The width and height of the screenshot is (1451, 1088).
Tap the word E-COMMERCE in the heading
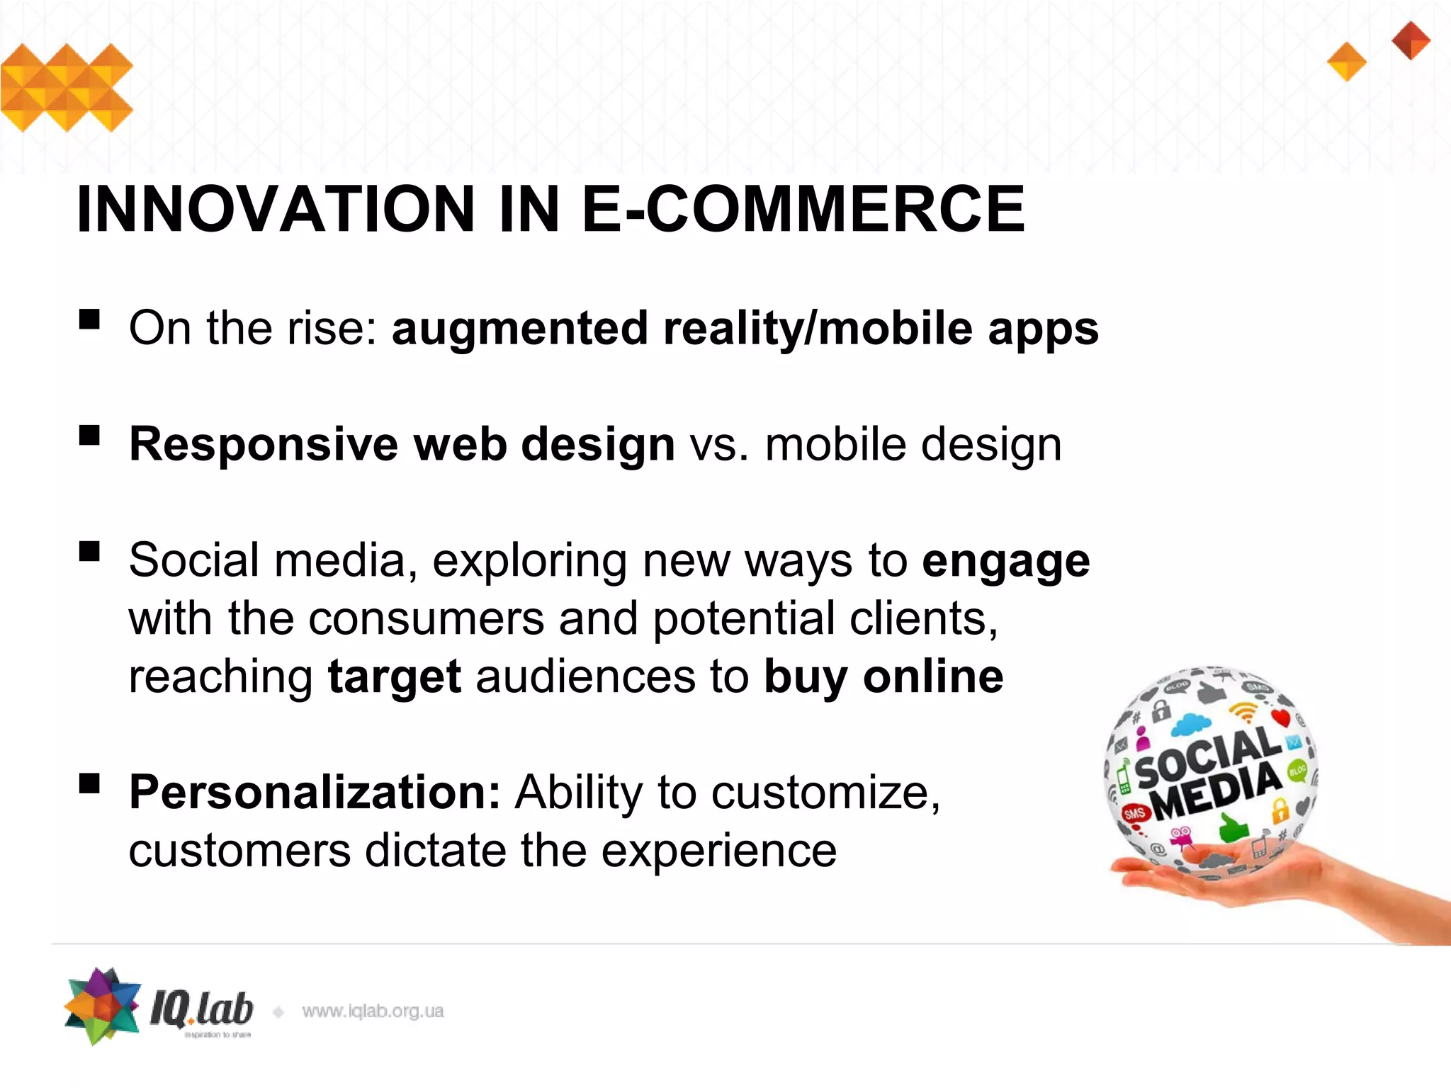pos(803,209)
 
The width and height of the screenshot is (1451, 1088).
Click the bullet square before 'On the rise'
pos(89,319)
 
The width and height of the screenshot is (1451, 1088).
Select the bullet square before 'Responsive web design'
pos(89,435)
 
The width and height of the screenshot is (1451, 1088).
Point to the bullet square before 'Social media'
pos(89,551)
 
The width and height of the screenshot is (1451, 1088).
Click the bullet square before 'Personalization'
pos(89,783)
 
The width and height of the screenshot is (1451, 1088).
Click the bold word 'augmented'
pos(519,329)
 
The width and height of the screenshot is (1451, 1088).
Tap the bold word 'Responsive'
pos(263,445)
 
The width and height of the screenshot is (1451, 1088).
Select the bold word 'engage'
pos(1005,562)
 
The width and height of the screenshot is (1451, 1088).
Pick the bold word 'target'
pos(395,676)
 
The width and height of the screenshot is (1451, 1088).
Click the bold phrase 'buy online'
pos(883,676)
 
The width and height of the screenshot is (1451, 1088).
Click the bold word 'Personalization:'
pos(315,792)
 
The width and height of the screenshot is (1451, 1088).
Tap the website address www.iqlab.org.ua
pos(373,1011)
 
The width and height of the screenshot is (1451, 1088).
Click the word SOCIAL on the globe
pos(1208,756)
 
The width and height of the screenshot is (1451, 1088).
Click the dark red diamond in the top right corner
pos(1411,40)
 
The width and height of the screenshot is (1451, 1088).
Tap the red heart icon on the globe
pos(1281,718)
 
